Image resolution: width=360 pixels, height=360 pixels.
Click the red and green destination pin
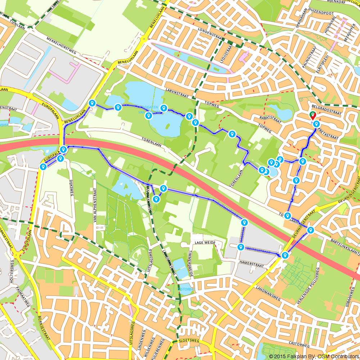coord(312,116)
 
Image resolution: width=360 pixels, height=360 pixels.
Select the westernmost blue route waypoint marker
coord(43,167)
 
